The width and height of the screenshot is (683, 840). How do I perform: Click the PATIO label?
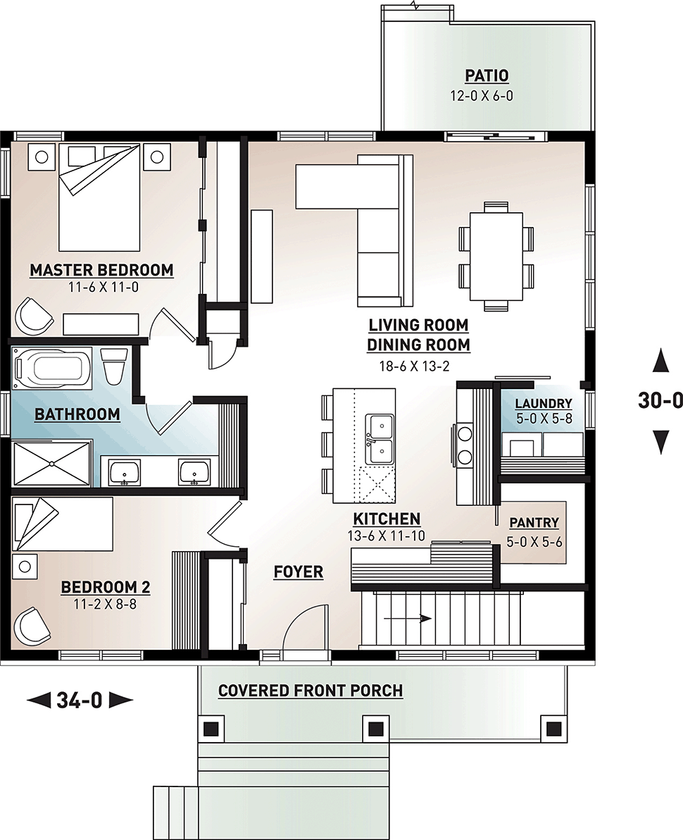tap(487, 75)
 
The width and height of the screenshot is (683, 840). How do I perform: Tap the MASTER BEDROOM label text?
tap(101, 270)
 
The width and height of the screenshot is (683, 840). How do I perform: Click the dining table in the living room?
tap(496, 256)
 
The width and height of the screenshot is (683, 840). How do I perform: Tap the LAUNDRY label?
tap(543, 404)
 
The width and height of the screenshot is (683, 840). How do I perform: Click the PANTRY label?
tap(534, 523)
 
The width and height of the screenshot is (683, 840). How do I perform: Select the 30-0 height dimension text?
tap(660, 400)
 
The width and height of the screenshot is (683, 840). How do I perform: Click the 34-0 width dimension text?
tap(80, 700)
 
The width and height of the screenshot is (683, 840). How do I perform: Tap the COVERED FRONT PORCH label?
tap(311, 691)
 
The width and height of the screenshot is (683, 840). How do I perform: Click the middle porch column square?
tap(375, 727)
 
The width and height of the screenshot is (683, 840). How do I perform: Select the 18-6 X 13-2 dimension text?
tap(418, 365)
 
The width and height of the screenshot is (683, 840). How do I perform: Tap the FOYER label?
tap(299, 572)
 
